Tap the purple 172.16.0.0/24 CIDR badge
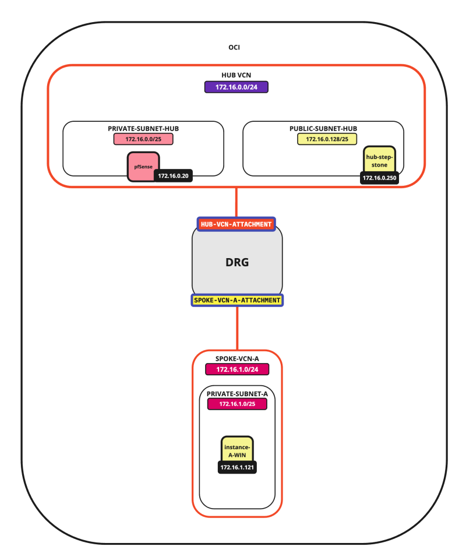tap(236, 87)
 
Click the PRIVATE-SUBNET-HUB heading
tap(143, 128)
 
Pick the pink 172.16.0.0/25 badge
tap(143, 140)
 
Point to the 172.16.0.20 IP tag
tap(173, 175)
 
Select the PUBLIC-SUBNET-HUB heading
tap(323, 128)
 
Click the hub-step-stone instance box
tap(380, 160)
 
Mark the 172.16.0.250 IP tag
tap(379, 177)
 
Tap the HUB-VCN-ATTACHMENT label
tap(236, 224)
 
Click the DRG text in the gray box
tap(237, 262)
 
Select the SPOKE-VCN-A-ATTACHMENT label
tap(237, 300)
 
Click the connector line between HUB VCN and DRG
tap(236, 202)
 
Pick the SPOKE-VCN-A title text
tap(237, 358)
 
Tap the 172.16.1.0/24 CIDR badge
tap(237, 369)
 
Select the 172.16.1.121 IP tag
tap(238, 467)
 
